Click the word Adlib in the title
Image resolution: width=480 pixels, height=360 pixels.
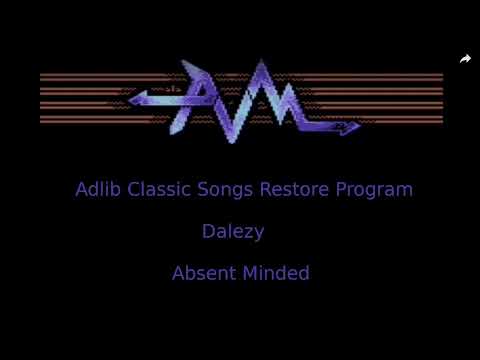click(x=97, y=189)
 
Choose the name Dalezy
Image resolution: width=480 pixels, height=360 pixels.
click(x=233, y=232)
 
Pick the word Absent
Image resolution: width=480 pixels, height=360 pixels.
click(x=201, y=273)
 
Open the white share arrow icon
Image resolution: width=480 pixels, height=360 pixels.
click(x=465, y=59)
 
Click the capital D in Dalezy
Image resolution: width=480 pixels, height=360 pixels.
click(x=208, y=232)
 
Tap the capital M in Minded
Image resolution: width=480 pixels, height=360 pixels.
click(x=251, y=273)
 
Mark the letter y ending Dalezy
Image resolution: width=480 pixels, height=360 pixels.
click(x=259, y=234)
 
